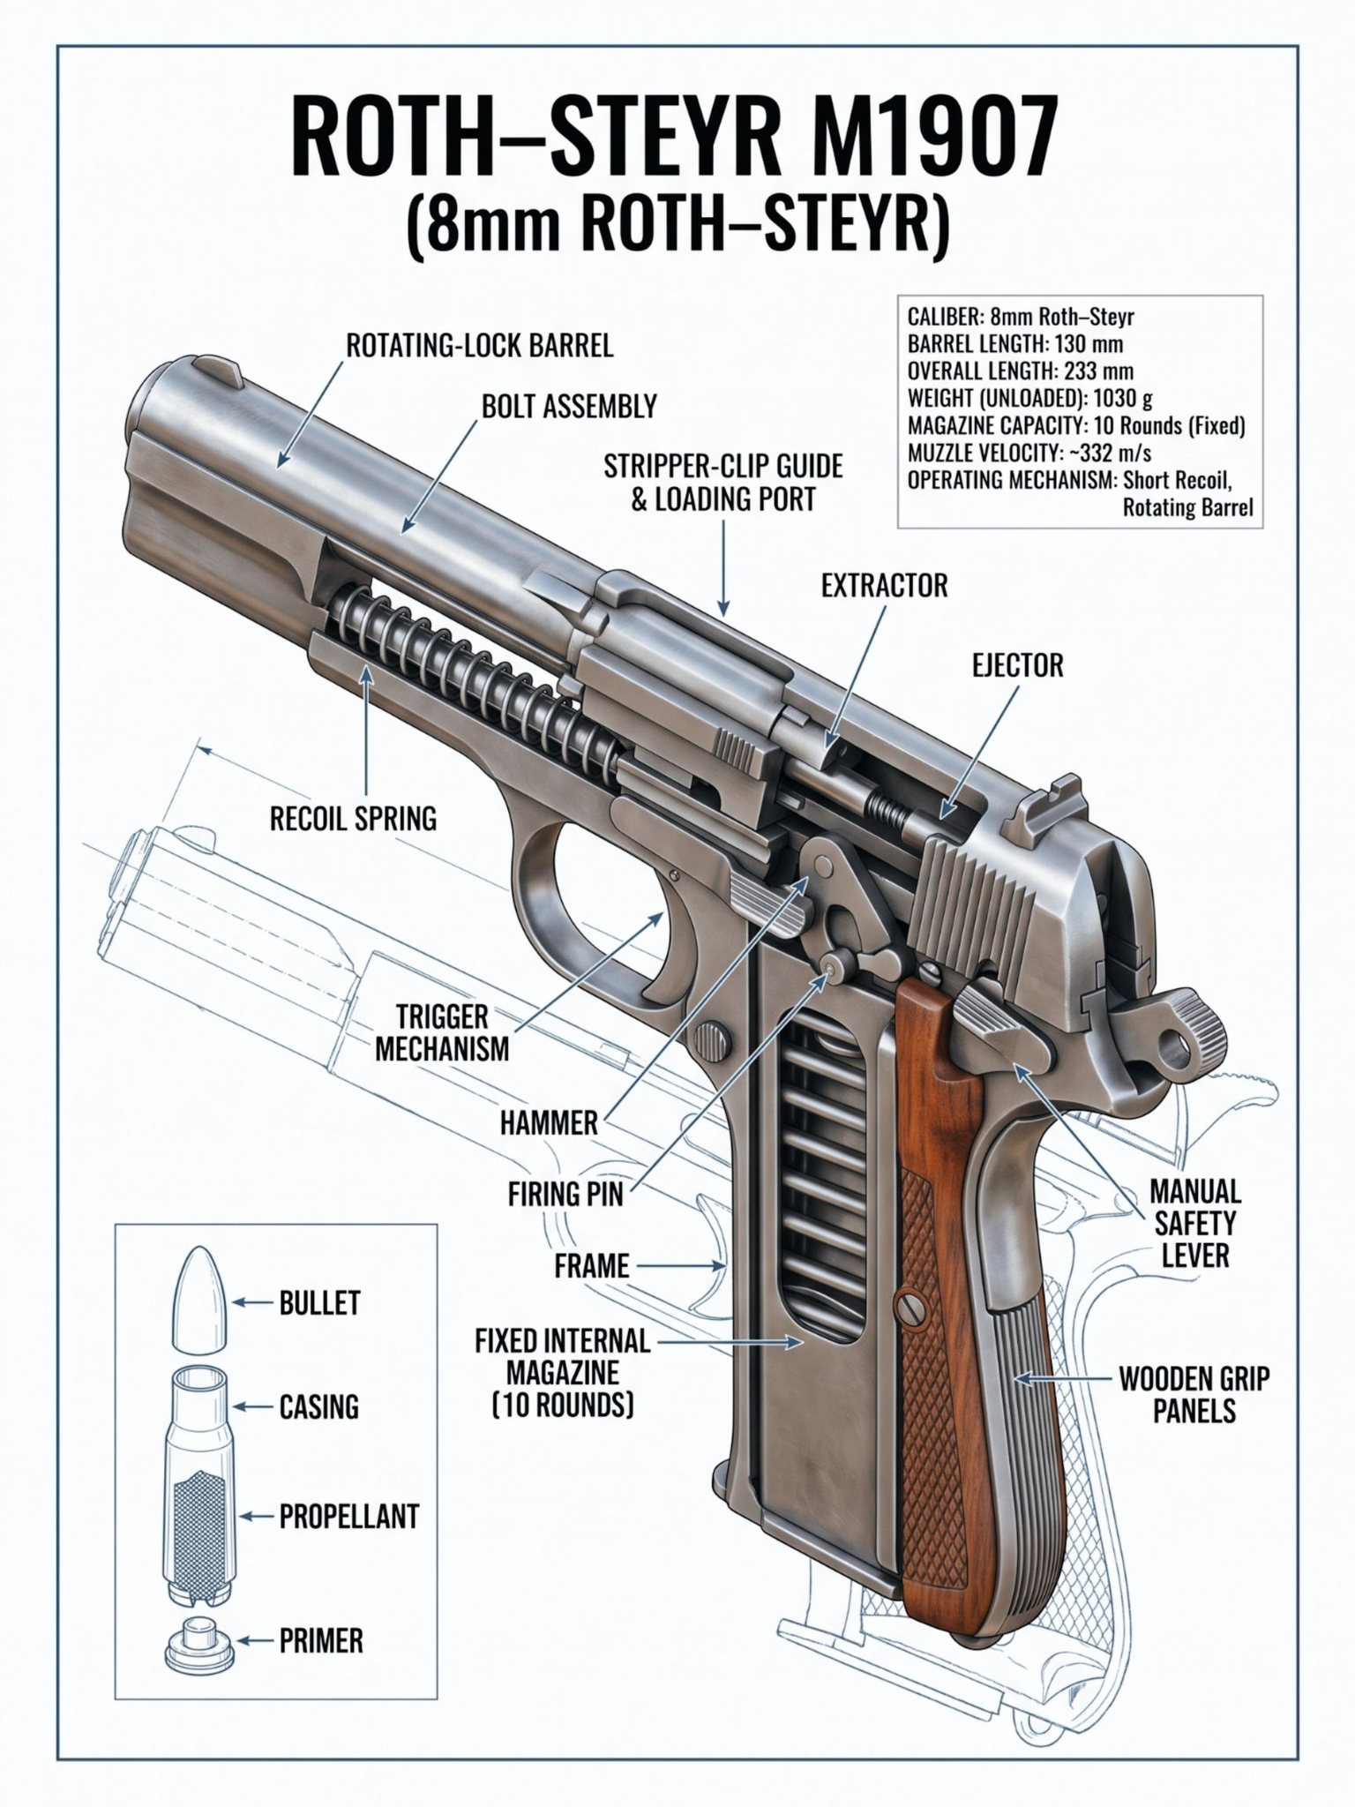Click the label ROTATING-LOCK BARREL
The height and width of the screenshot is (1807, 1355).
[x=479, y=345]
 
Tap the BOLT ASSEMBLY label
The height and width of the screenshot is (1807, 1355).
[x=569, y=406]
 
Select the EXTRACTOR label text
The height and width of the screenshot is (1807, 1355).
[x=884, y=585]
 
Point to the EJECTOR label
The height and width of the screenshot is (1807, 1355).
[x=1017, y=665]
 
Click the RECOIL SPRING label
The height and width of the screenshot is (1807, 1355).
[x=353, y=819]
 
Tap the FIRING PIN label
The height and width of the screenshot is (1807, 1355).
[x=565, y=1195]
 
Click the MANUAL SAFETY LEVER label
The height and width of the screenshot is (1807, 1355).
[x=1194, y=1223]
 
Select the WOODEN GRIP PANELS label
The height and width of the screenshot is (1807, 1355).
[x=1194, y=1394]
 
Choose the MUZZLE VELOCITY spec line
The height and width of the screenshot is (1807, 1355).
[x=1029, y=454]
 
